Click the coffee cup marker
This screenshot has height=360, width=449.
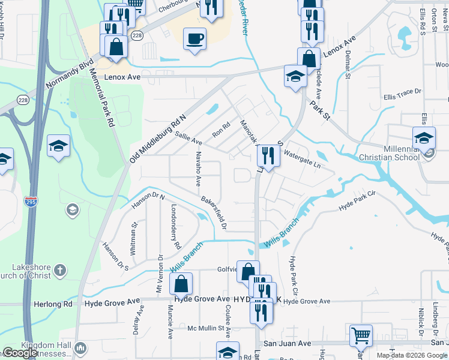coord(194,39)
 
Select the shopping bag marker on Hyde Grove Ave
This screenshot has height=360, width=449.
coord(181,284)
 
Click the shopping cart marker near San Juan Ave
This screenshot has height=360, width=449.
coord(360,336)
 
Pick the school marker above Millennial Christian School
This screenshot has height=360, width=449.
coord(424,138)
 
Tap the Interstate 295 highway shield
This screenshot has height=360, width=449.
coord(31,200)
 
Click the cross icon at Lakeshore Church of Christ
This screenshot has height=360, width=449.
coord(59,271)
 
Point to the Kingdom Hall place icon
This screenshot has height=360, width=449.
coord(80,348)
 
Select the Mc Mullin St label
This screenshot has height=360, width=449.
coord(209,328)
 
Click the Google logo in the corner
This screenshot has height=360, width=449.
coord(20,353)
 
